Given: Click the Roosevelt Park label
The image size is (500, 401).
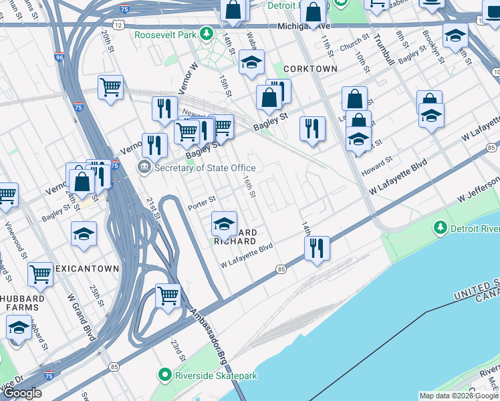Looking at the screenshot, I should (166, 34).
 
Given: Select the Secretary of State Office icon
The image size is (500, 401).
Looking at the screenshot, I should (144, 167).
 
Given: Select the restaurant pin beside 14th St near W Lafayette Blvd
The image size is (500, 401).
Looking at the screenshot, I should (317, 247).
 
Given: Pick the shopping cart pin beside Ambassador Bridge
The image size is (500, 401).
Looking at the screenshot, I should (168, 295).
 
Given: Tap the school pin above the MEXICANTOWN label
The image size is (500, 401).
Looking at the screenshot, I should (84, 234).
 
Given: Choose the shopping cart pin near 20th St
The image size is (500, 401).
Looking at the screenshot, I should (110, 87).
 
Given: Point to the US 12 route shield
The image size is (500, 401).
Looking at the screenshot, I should (118, 24).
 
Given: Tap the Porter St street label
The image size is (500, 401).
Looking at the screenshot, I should (202, 199).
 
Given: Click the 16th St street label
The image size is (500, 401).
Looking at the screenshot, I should (249, 186).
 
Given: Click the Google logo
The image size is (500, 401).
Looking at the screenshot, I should (22, 393).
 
